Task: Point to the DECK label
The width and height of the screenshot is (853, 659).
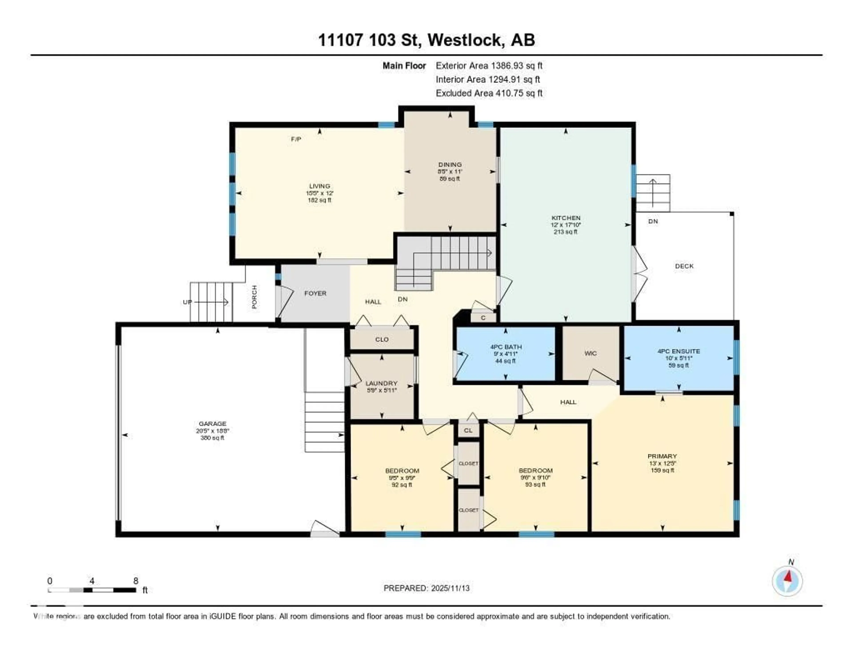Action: click(x=684, y=266)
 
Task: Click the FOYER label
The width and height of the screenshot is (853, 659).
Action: click(x=315, y=293)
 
